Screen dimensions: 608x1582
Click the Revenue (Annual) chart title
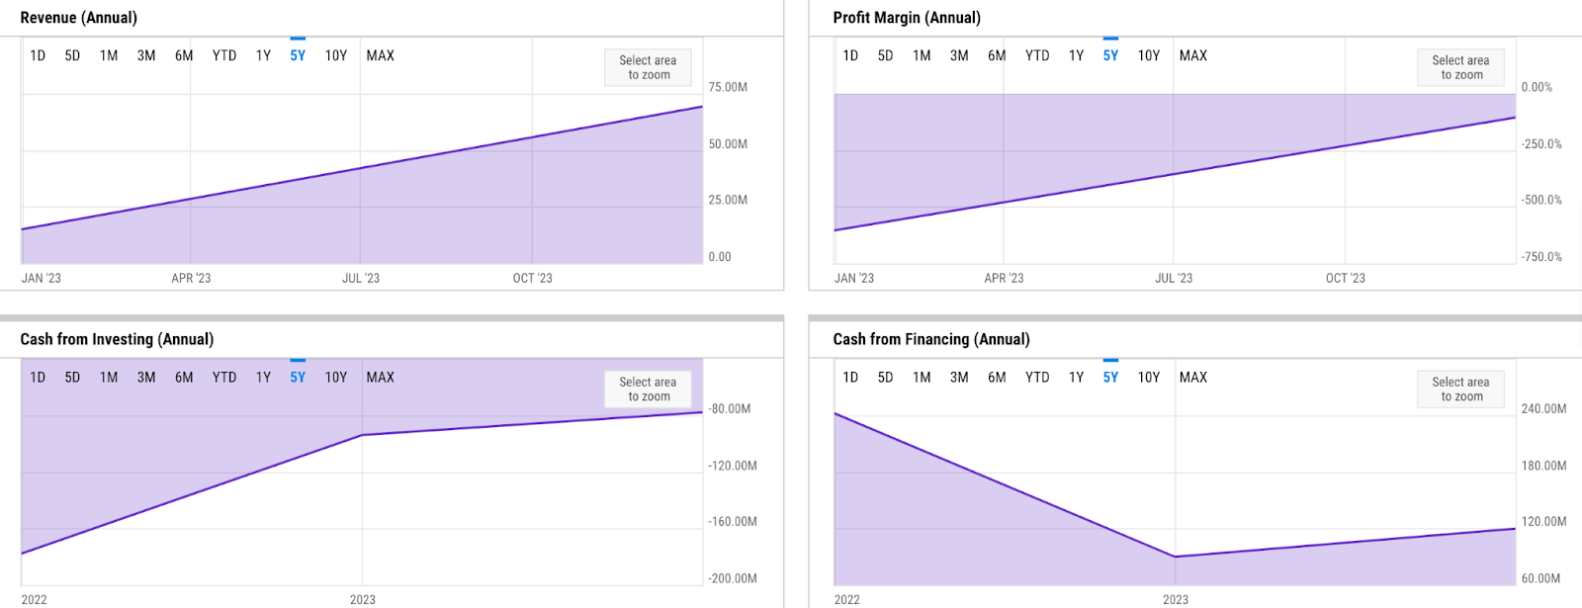pos(79,18)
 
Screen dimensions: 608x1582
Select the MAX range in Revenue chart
pos(380,56)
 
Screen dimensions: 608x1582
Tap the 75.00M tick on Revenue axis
pos(728,87)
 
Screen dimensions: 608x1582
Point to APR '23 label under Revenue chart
pos(191,279)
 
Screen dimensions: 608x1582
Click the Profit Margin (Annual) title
pos(907,18)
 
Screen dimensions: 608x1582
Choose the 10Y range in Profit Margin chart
pos(1148,56)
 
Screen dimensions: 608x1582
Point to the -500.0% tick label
pos(1540,200)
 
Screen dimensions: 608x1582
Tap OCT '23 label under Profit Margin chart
pos(1345,279)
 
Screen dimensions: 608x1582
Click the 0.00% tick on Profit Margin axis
pos(1537,87)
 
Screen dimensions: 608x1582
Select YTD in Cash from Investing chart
pos(224,378)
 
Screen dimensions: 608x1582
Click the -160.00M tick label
pos(732,522)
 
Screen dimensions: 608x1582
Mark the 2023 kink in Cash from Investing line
pos(362,435)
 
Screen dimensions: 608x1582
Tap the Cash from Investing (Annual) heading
pos(117,339)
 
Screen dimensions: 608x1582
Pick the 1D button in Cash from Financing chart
pos(850,378)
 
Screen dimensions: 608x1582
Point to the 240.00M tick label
pos(1543,408)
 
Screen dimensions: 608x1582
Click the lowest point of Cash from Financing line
pos(1175,557)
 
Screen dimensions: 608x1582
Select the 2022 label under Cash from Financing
pos(846,600)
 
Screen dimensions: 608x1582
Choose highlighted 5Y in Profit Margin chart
pos(1110,56)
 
